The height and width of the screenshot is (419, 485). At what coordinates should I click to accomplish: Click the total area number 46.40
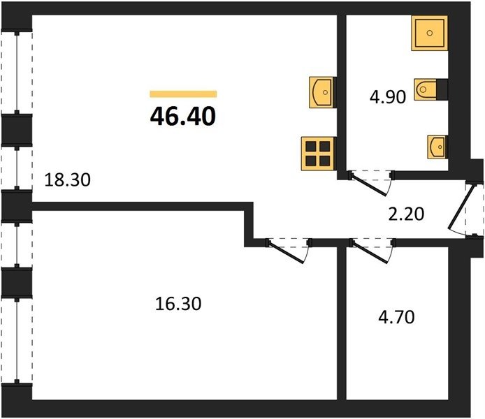point(183,117)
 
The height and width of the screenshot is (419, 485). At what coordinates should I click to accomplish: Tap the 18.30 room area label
point(67,180)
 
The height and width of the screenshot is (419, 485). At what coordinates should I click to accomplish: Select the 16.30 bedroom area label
point(178,304)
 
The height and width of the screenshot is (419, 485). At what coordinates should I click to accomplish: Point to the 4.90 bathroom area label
point(388,96)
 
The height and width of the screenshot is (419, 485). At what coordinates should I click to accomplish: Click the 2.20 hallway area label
point(406,214)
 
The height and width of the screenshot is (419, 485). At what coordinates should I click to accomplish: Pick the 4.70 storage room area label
point(396,317)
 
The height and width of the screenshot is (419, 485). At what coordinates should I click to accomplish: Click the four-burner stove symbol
point(319,154)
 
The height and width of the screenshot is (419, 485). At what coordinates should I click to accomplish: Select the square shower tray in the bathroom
point(430,33)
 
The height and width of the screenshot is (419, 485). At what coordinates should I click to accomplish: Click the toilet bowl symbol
point(426,89)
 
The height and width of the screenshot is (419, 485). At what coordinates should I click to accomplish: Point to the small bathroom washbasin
point(437,147)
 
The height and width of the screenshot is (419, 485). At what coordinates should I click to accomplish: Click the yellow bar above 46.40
point(183,94)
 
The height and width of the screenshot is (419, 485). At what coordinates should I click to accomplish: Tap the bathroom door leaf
point(368,185)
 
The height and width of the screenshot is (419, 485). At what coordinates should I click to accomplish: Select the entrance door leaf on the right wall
point(461,206)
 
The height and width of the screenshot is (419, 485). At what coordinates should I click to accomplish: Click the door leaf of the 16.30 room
point(286,252)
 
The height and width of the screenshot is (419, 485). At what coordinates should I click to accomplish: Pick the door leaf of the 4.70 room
point(370,252)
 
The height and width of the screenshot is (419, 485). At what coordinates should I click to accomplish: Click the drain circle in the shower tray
point(430,33)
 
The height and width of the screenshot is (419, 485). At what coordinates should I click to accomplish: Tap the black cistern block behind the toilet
point(442,89)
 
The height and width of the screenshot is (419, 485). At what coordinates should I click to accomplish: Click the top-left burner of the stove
point(311,147)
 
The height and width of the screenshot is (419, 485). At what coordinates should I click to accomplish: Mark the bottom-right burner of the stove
point(325,161)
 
